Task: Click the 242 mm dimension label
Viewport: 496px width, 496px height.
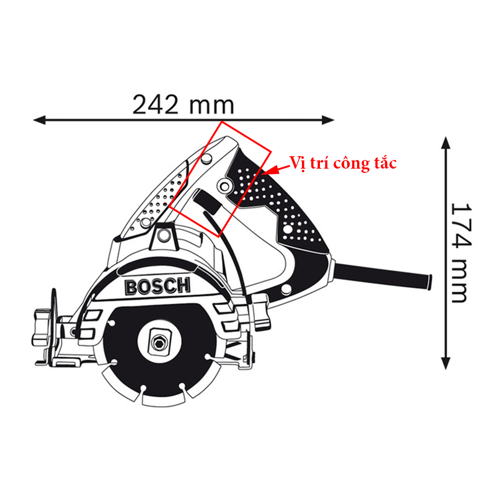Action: point(183,104)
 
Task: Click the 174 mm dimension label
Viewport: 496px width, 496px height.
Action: point(461,253)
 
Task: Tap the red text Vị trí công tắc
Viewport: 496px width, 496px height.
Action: point(343,163)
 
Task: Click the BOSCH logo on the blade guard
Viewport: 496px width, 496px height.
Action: point(158,286)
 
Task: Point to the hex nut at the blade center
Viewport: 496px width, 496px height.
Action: point(159,342)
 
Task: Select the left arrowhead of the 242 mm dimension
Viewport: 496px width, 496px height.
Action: point(40,120)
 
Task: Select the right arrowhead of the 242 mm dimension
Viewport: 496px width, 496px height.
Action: point(328,120)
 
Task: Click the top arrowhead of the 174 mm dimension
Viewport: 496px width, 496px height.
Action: point(446,143)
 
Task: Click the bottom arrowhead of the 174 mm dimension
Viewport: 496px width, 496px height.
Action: point(446,363)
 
